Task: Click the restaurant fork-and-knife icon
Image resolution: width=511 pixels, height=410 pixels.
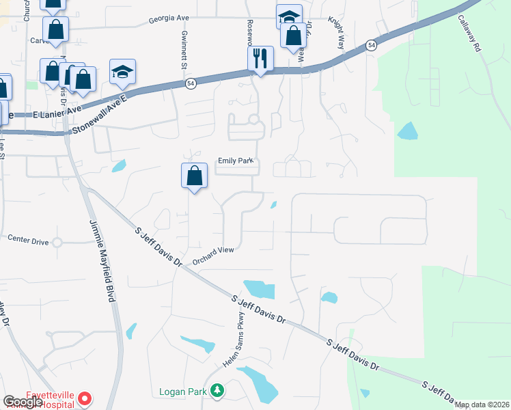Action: click(260, 58)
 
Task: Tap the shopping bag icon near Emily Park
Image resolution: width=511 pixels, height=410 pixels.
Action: click(195, 176)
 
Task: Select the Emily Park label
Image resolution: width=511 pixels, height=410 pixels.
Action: click(236, 161)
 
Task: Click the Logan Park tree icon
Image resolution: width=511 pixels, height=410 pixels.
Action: click(217, 391)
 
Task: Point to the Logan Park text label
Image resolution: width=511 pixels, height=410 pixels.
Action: click(183, 392)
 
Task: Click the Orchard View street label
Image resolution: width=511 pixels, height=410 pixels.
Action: click(213, 255)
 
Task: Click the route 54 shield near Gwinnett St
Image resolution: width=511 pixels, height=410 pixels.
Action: click(191, 83)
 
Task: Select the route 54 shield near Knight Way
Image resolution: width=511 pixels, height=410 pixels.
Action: click(370, 45)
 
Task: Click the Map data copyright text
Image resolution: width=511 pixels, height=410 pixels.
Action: click(481, 405)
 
